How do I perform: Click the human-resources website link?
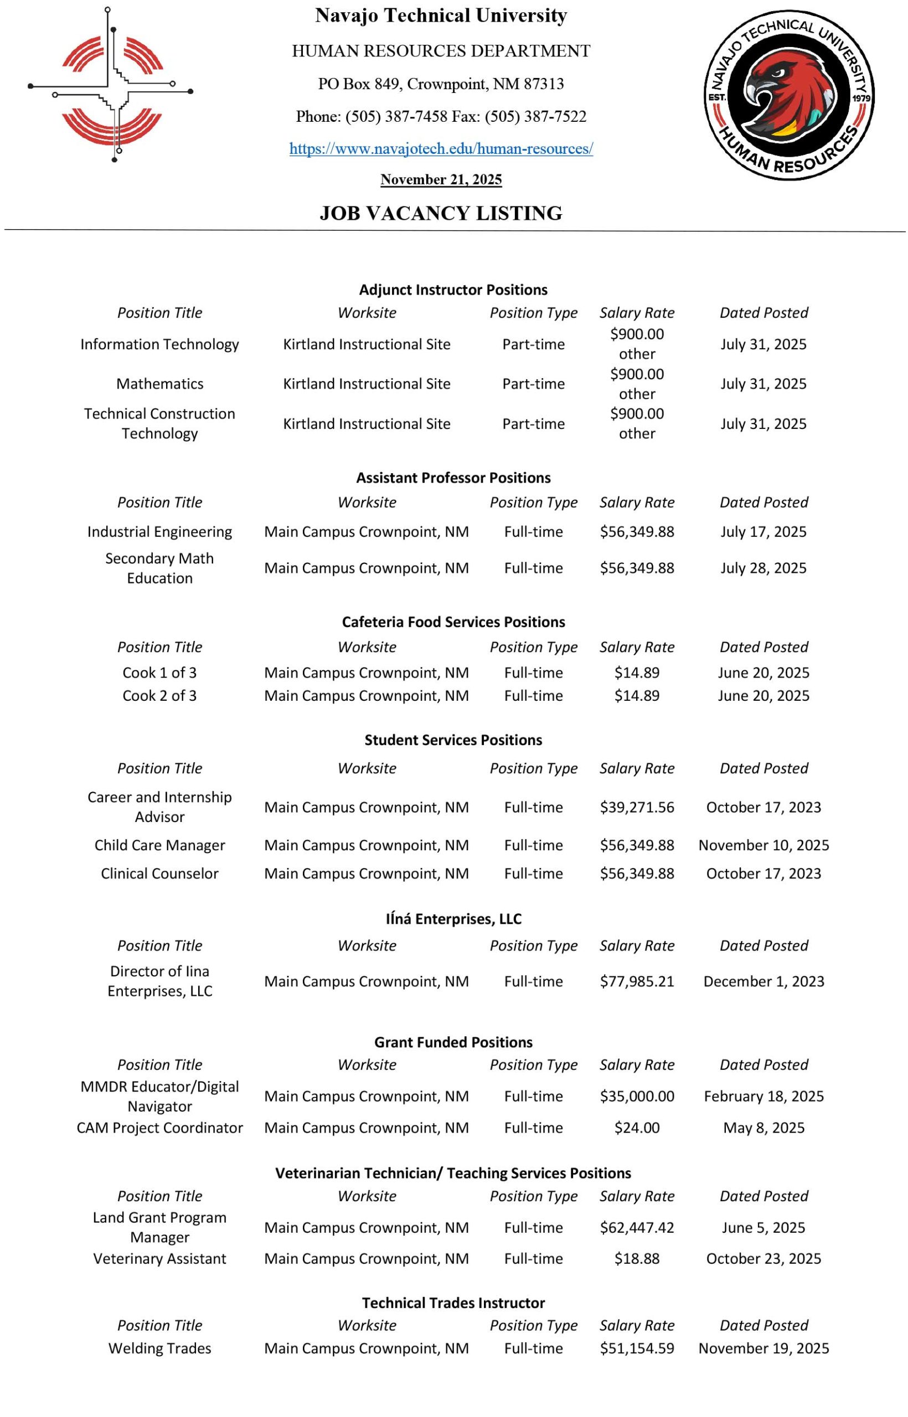tap(441, 148)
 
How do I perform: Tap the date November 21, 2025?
tap(441, 180)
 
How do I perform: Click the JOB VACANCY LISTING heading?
tap(441, 213)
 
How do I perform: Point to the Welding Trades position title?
tap(160, 1348)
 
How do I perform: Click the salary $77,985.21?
tap(637, 981)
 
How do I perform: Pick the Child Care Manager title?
tap(160, 845)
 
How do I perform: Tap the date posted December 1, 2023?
tap(763, 981)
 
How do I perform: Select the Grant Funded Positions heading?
tap(453, 1042)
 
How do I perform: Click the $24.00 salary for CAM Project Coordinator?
tap(637, 1128)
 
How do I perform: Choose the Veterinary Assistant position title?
tap(160, 1259)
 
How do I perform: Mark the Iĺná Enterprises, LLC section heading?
tap(453, 919)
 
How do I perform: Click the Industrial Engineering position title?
tap(160, 532)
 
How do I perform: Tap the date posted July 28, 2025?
tap(763, 568)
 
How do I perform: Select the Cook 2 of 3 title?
tap(160, 696)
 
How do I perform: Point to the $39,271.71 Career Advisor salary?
tap(637, 807)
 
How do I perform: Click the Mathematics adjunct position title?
tap(160, 384)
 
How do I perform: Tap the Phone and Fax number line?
tap(441, 117)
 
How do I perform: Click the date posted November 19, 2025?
tap(763, 1348)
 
